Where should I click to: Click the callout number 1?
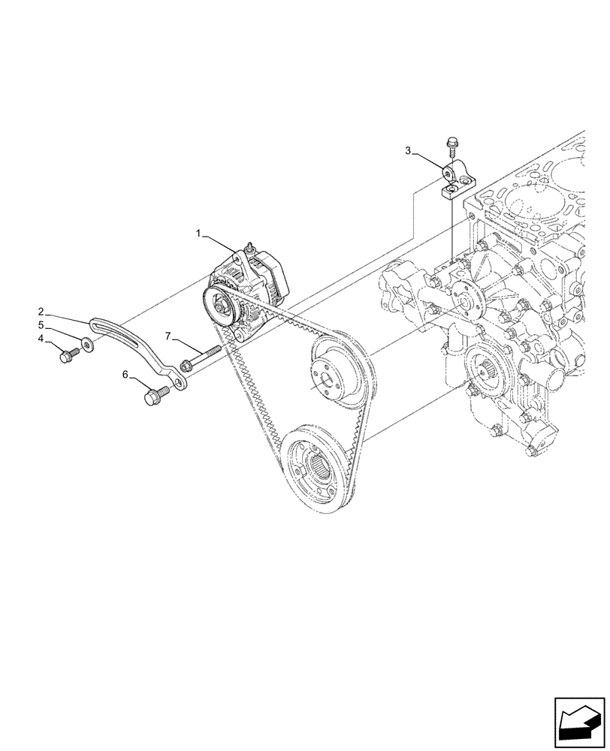pyautogui.click(x=199, y=234)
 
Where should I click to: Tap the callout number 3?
pyautogui.click(x=408, y=151)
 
